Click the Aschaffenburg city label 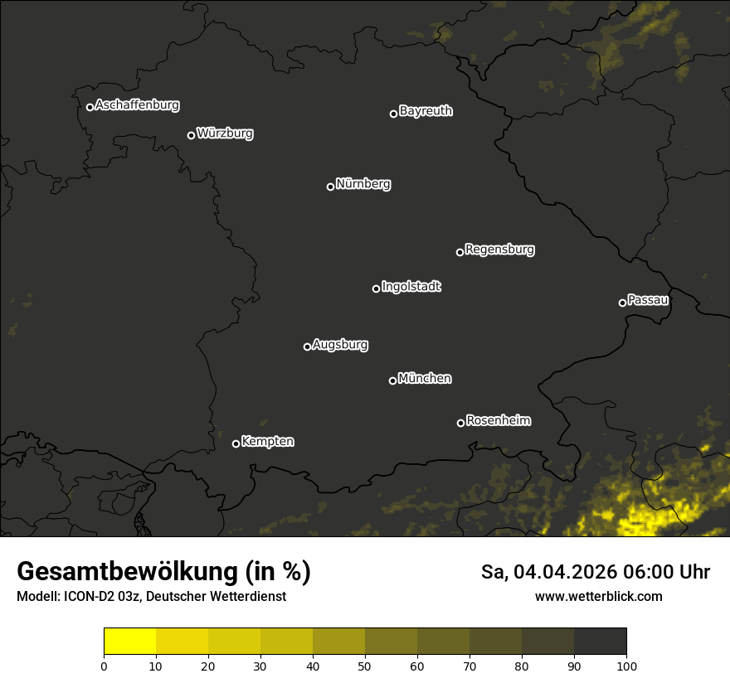coord(137,105)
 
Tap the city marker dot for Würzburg coord(191,135)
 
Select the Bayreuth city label coord(426,111)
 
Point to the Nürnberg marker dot coord(330,187)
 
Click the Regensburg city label coord(499,250)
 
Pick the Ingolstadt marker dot coord(376,288)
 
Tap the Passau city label coord(648,300)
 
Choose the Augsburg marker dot coord(307,346)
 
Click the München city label coord(425,379)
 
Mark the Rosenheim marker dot coord(460,423)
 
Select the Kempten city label coord(267,442)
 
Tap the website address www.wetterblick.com coord(599,596)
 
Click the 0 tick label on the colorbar coord(104,666)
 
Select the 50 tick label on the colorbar coord(365,666)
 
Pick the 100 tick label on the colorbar coord(626,666)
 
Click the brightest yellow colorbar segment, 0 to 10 coord(129,642)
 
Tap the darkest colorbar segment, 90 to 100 coord(600,642)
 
